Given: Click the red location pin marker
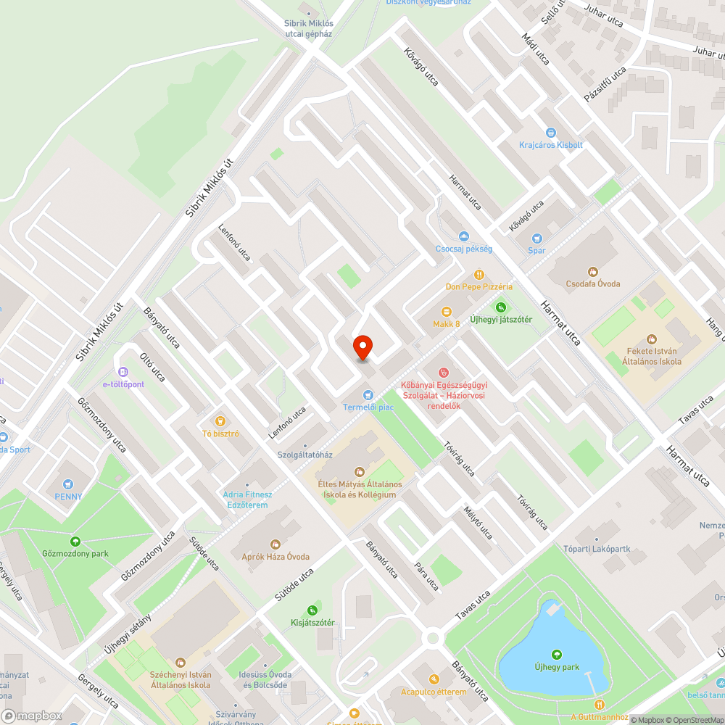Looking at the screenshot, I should (362, 349).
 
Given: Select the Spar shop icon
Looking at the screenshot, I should (536, 238).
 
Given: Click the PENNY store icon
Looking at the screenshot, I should (68, 484).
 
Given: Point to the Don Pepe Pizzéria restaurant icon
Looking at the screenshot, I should (478, 274).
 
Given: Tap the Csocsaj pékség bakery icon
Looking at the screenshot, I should (463, 236).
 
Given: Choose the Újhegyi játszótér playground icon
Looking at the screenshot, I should (500, 307).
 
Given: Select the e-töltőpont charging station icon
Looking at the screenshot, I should (123, 371).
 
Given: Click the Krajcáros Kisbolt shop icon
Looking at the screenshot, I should (551, 132).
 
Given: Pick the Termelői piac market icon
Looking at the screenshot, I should (368, 394).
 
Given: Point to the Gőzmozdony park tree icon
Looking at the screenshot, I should (75, 541).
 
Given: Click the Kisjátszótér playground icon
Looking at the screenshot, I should (312, 610).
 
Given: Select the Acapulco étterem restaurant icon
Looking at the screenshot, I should (434, 679).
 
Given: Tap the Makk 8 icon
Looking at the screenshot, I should (447, 311).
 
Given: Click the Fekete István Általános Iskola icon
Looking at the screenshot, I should (651, 338).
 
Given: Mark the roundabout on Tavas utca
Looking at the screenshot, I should (434, 638).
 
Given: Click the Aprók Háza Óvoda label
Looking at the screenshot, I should (275, 556).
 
